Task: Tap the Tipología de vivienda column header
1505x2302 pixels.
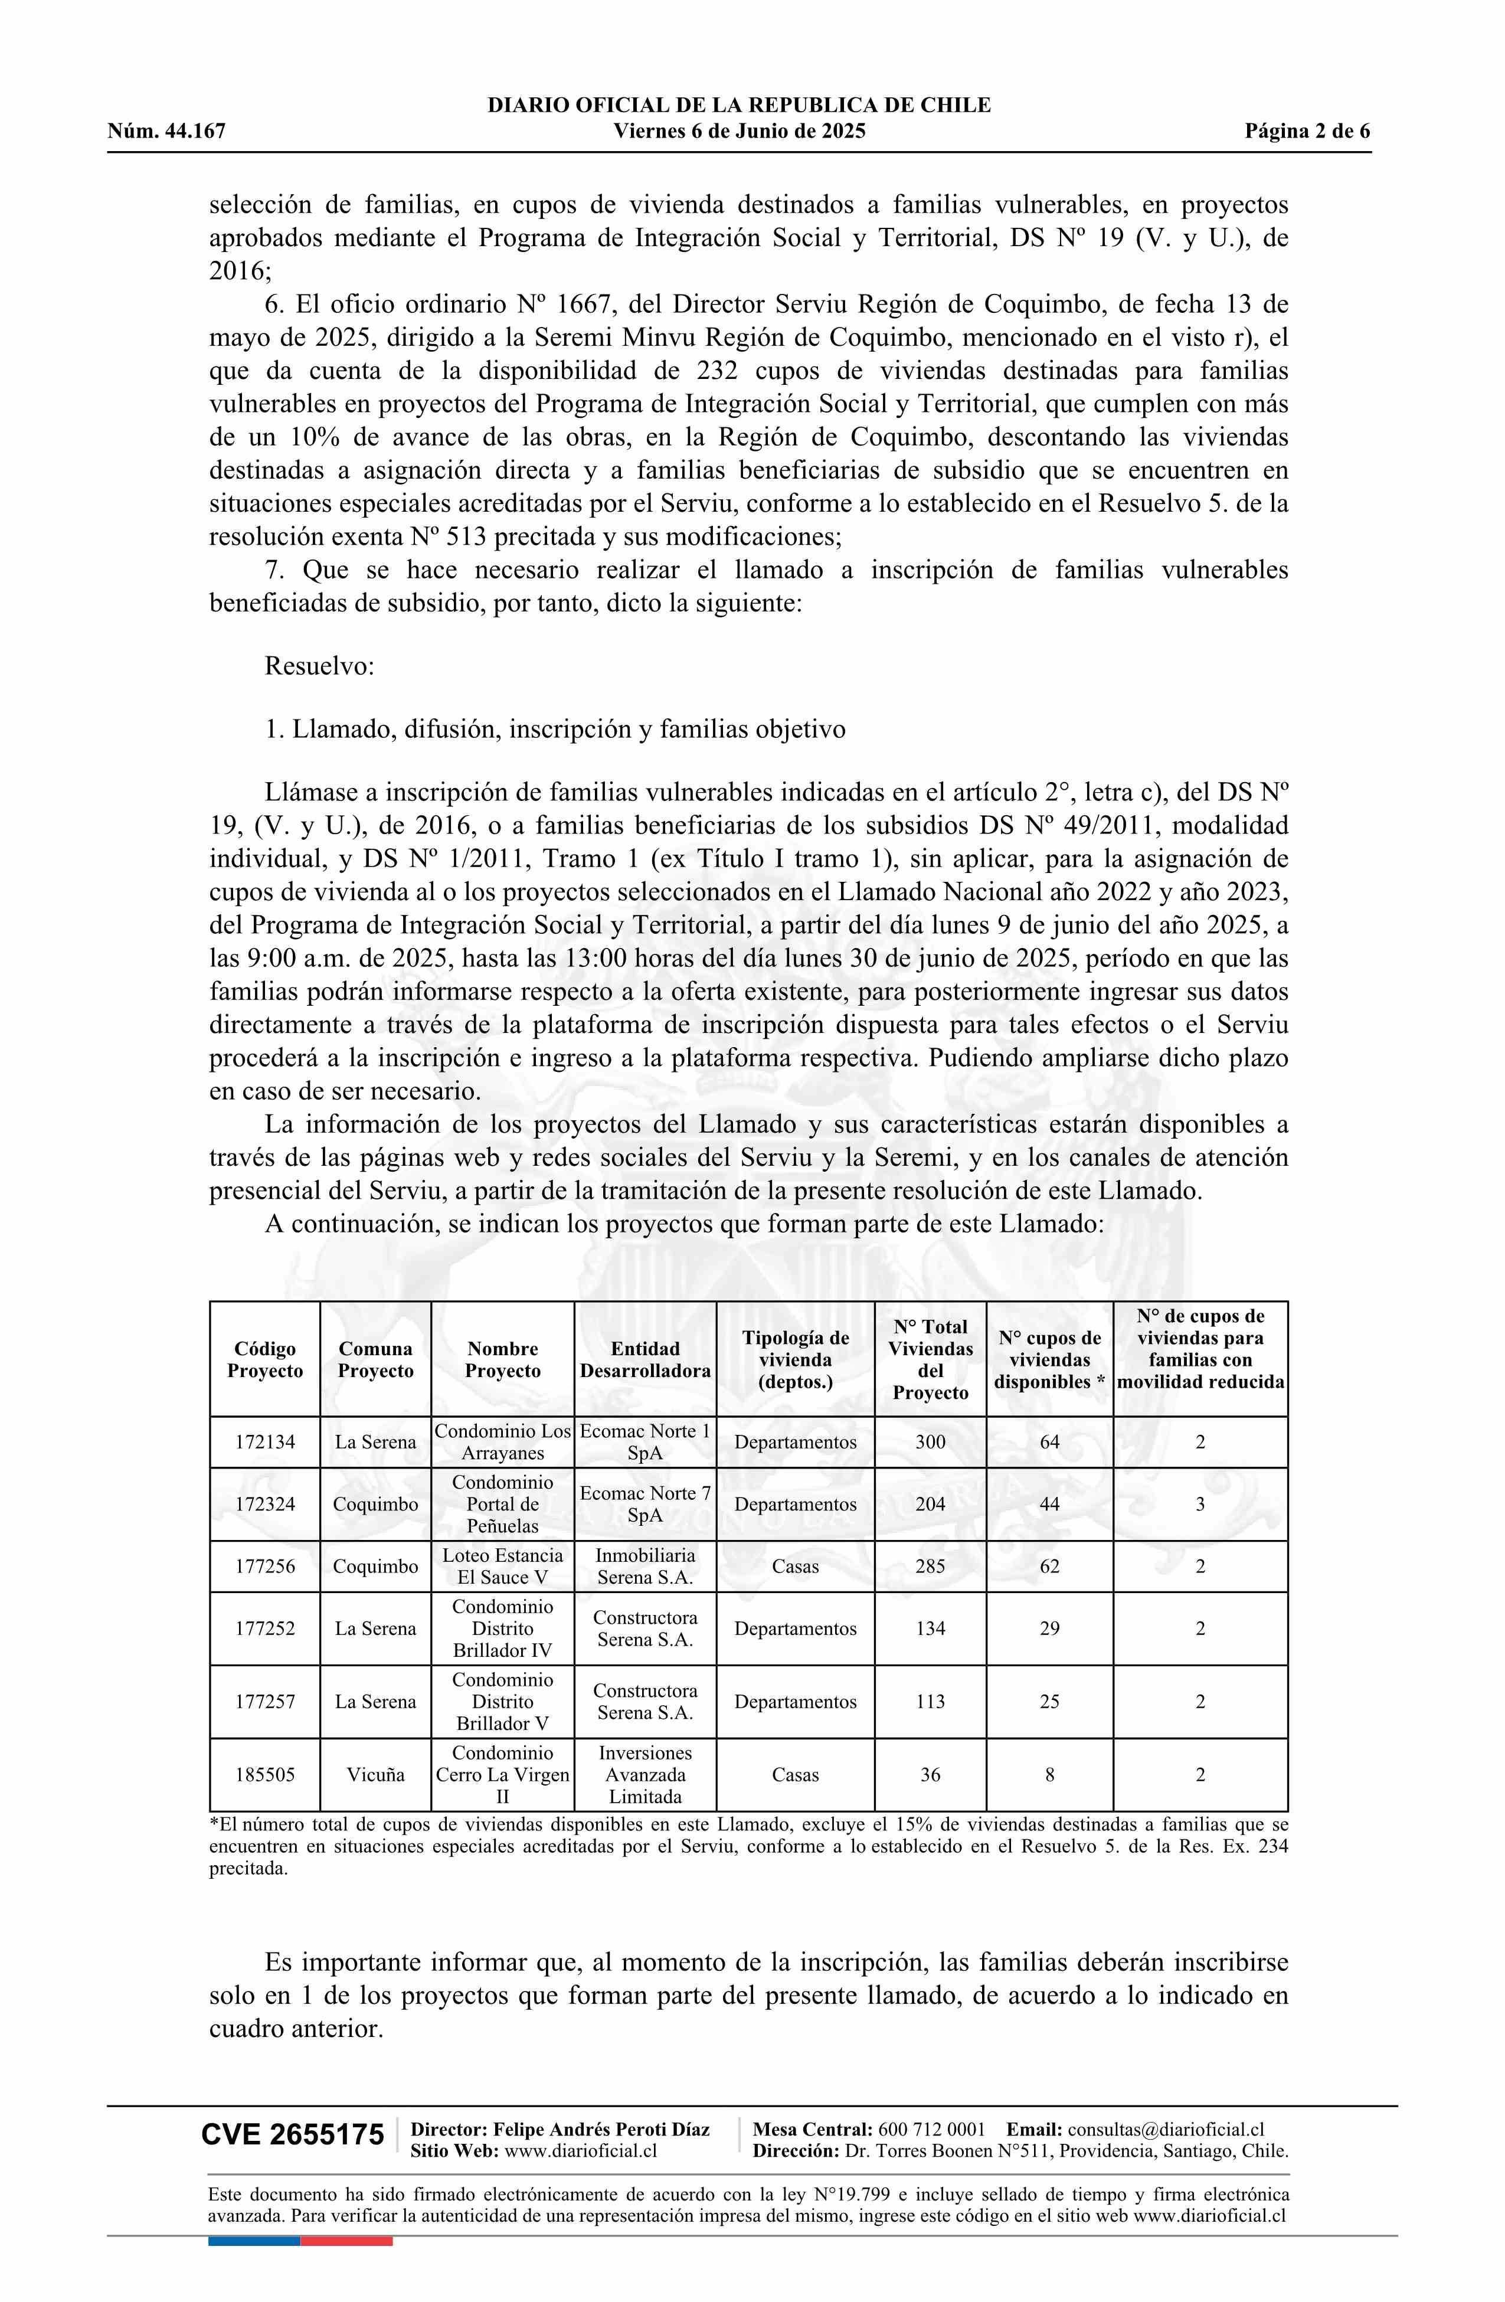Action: coord(795,1359)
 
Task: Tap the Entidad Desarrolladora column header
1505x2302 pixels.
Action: coord(645,1359)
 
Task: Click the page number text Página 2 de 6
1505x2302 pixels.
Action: coord(1307,132)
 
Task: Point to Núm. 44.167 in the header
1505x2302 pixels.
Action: coord(166,132)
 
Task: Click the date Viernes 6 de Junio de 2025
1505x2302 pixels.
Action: coord(739,132)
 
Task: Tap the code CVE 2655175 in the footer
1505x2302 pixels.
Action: coord(292,2134)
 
